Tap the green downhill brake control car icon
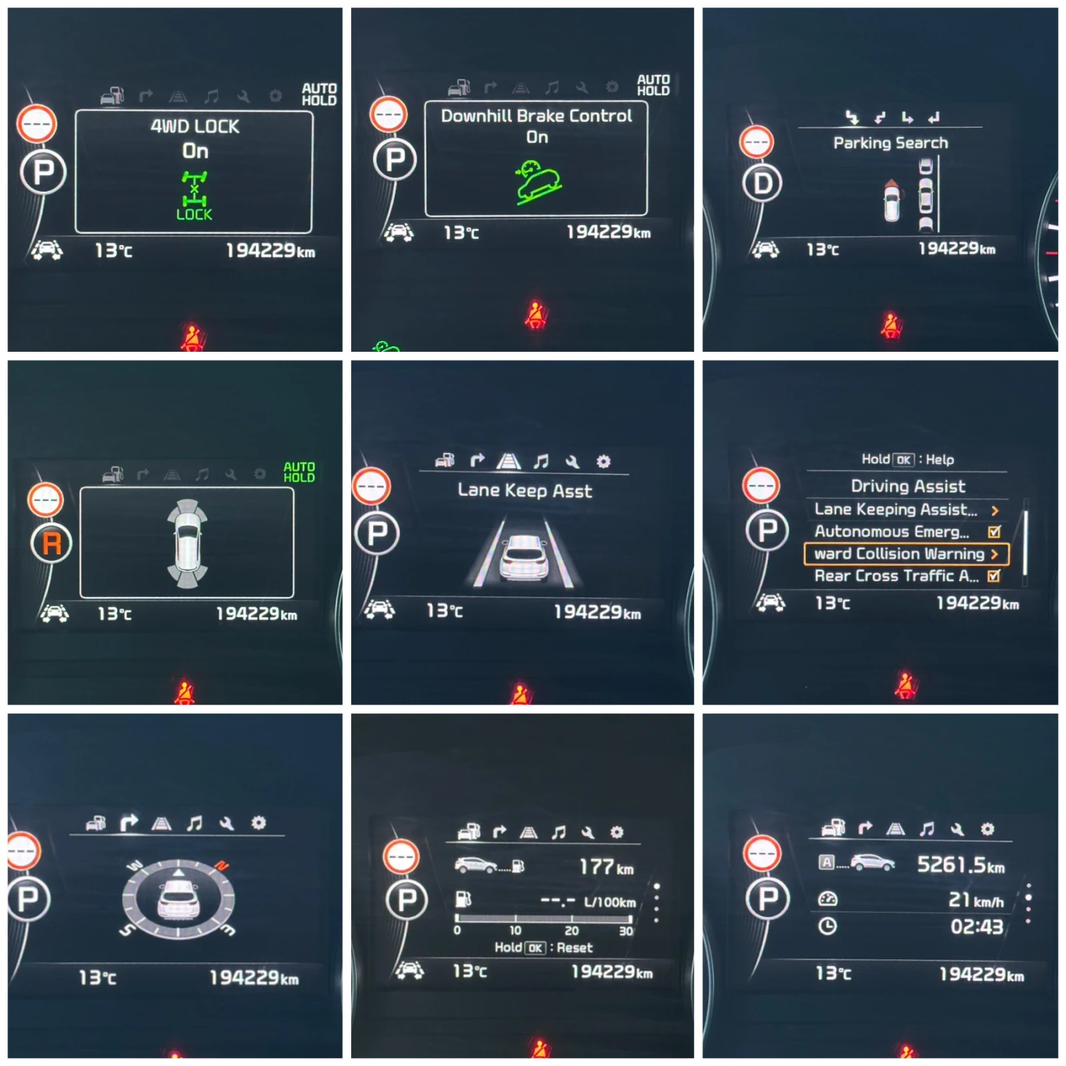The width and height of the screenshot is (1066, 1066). point(538,181)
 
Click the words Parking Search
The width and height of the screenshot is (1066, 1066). point(890,143)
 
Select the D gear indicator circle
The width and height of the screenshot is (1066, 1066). point(762,183)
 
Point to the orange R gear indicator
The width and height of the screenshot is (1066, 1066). point(51,544)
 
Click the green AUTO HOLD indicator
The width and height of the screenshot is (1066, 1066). point(299,472)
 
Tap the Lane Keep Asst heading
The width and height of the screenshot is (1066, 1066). point(524,491)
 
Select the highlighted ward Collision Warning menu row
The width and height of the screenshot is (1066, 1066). point(907,554)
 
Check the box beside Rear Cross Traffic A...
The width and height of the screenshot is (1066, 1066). point(994,576)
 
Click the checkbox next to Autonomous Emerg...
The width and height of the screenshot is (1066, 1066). point(994,532)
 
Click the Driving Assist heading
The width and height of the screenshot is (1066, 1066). point(907,486)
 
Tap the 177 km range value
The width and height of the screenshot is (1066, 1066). point(606,867)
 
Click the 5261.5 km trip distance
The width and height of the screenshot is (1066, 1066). point(961,865)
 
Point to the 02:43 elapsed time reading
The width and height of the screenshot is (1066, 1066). point(977,927)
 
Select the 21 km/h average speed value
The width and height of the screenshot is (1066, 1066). point(976,900)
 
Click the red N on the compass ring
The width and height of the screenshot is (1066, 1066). point(222,866)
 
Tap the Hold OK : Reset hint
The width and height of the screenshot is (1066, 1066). point(543,947)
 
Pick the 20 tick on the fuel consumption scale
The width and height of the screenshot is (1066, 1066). point(572,931)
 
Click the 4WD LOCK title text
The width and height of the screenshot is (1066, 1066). point(195,127)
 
